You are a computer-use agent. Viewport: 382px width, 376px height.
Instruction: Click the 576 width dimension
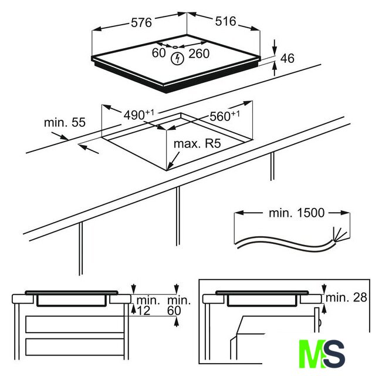pyautogui.click(x=141, y=23)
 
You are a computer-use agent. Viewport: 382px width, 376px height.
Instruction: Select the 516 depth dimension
pyautogui.click(x=225, y=22)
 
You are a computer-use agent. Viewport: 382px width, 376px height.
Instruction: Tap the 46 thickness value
pyautogui.click(x=287, y=59)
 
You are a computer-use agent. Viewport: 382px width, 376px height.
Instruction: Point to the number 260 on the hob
pyautogui.click(x=199, y=53)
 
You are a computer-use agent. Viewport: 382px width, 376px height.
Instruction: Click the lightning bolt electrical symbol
pyautogui.click(x=177, y=59)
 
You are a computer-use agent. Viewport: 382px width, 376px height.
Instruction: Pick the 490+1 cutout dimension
pyautogui.click(x=139, y=115)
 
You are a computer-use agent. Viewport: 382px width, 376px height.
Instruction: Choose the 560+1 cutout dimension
pyautogui.click(x=225, y=116)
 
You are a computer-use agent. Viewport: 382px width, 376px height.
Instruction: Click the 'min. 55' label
pyautogui.click(x=65, y=122)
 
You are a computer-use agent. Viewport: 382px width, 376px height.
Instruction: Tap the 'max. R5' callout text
pyautogui.click(x=197, y=143)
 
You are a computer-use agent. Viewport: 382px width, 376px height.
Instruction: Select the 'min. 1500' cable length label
pyautogui.click(x=296, y=213)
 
